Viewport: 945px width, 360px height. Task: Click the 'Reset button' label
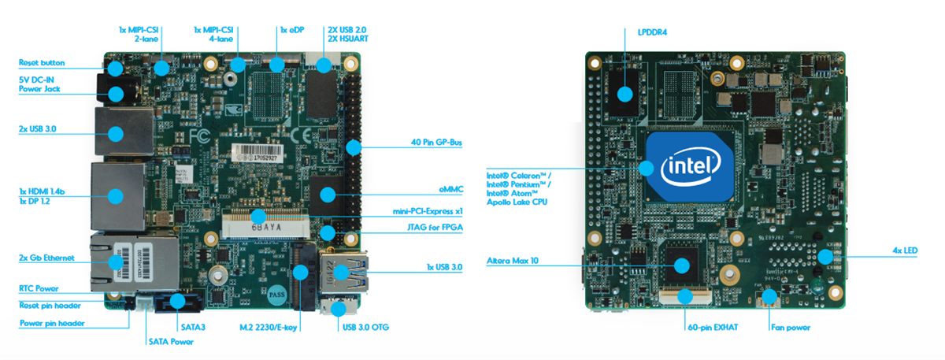[41, 62]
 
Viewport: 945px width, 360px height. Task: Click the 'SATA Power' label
[170, 341]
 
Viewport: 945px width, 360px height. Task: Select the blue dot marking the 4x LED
[825, 257]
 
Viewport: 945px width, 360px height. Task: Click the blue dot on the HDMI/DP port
[117, 195]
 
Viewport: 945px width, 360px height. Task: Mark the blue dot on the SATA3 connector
[176, 301]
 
